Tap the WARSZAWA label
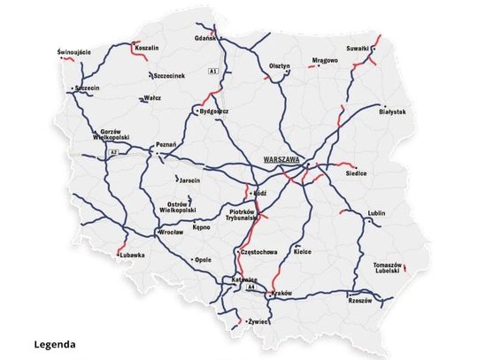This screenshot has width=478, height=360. pyautogui.click(x=280, y=159)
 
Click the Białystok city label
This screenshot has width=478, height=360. pyautogui.click(x=391, y=112)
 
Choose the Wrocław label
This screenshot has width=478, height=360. pyautogui.click(x=170, y=233)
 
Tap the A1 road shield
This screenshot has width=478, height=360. pyautogui.click(x=213, y=70)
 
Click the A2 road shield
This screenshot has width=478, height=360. pyautogui.click(x=112, y=153)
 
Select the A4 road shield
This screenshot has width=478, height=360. pyautogui.click(x=251, y=287)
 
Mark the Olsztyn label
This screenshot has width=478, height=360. pyautogui.click(x=279, y=66)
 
